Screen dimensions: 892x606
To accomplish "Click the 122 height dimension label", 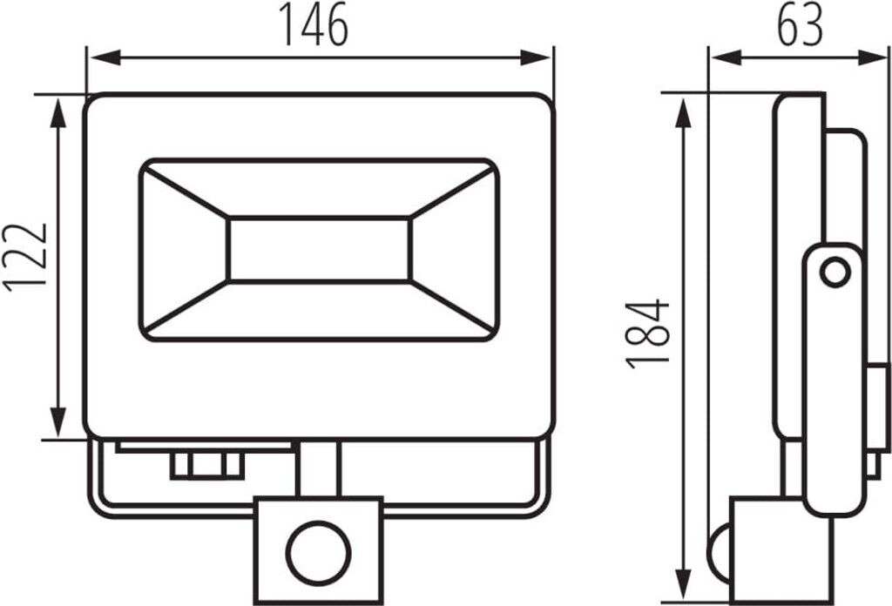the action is pos(26,258).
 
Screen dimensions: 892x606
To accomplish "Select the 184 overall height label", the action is pos(647,333).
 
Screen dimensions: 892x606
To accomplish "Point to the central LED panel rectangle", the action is pos(319,249).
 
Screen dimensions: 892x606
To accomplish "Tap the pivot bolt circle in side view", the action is pos(835,273).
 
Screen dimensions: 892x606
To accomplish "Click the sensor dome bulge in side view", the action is pos(719,555).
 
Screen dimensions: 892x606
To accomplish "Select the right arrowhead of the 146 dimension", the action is pos(536,57).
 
